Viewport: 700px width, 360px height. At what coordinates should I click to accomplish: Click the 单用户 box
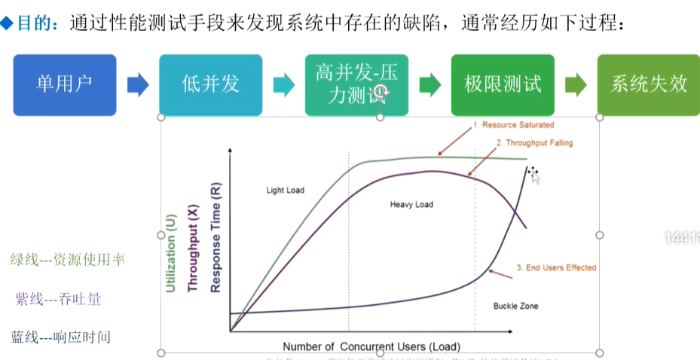65,84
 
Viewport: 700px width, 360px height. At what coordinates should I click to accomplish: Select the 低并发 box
210,84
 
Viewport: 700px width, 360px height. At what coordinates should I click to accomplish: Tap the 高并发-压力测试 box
356,84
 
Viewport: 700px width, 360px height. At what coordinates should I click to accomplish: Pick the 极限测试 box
503,84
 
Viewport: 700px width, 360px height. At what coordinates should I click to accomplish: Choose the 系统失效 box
648,84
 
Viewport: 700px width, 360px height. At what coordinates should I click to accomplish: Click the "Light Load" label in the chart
286,191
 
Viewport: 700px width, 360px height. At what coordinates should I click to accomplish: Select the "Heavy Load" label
411,205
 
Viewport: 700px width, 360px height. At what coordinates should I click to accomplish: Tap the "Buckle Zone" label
515,307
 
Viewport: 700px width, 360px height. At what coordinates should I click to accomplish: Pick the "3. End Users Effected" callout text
556,267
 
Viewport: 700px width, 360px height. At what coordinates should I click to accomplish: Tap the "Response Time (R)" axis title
216,237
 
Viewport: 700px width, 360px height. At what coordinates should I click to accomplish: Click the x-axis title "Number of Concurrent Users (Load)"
371,346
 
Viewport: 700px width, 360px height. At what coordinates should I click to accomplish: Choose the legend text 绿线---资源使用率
68,260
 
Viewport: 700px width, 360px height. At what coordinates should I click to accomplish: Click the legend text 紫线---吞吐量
58,300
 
